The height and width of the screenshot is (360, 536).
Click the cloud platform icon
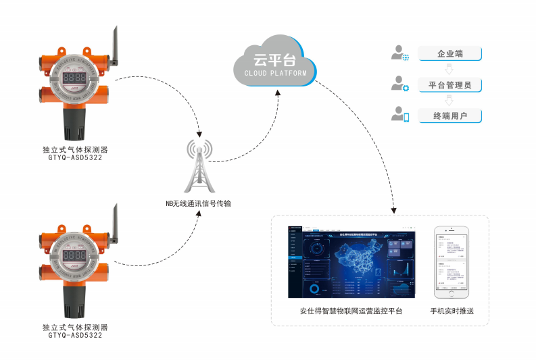click(274, 63)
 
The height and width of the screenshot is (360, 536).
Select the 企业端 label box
click(449, 54)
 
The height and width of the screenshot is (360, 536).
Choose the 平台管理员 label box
click(449, 85)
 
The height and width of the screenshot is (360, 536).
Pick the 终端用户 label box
click(449, 116)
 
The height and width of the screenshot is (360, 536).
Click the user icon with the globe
click(401, 54)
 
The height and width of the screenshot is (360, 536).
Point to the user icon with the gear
click(401, 85)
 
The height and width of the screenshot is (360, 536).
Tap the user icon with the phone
click(401, 115)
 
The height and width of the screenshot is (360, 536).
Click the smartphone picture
click(452, 263)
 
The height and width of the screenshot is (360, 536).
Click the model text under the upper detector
click(75, 157)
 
